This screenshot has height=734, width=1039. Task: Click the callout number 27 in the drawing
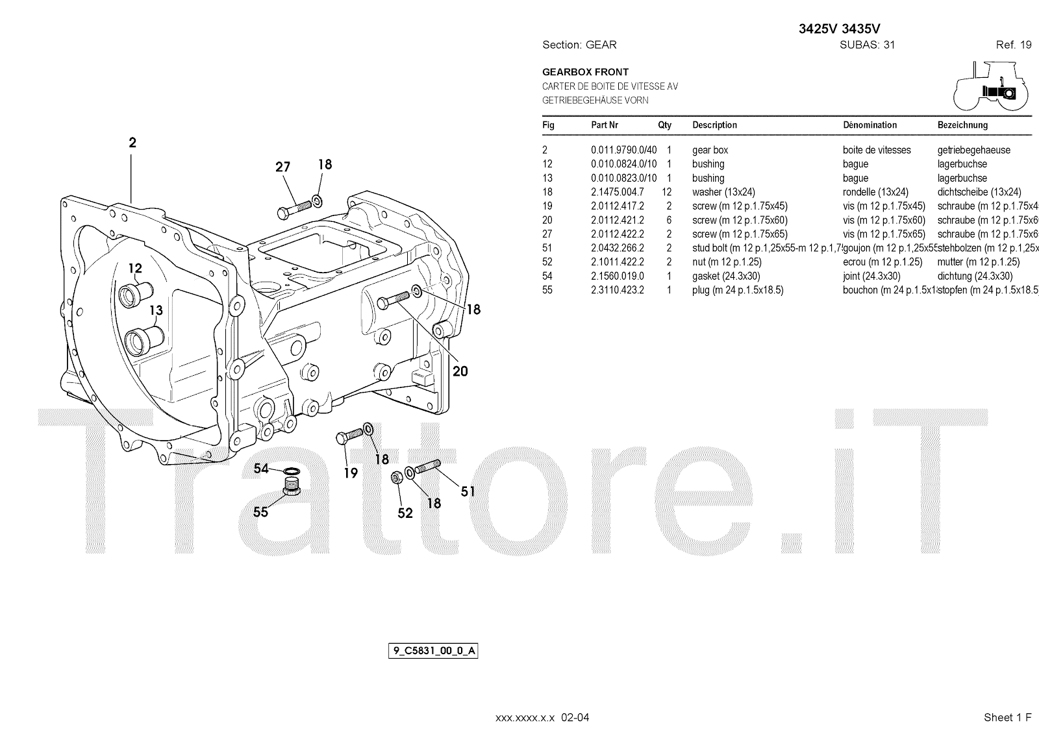point(282,167)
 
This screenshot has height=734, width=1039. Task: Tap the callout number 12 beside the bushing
point(134,268)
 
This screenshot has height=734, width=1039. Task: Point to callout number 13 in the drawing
point(156,310)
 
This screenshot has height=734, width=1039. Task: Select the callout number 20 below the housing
point(460,371)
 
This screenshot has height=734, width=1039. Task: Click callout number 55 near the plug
point(260,512)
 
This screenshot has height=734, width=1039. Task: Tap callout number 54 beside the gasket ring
point(261,469)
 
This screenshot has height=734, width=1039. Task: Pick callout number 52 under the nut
point(405,513)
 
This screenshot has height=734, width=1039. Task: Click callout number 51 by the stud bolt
point(468,491)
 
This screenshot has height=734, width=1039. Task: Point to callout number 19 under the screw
point(351,473)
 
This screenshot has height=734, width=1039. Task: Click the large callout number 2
point(132,143)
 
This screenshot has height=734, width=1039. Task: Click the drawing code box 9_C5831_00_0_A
point(433,650)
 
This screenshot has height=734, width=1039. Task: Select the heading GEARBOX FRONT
point(585,72)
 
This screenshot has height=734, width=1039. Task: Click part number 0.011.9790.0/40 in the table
point(623,150)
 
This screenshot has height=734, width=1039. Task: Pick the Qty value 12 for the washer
point(666,192)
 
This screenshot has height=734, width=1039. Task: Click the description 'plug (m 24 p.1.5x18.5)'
point(738,290)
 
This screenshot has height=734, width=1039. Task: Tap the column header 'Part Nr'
point(605,125)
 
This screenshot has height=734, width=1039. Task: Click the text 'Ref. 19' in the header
point(1013,45)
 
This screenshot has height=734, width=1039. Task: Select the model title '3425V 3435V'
point(839,29)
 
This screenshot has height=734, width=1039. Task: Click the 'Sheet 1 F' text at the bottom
point(1007,717)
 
